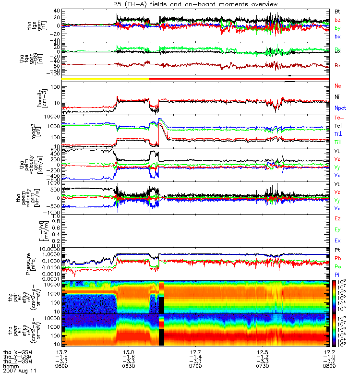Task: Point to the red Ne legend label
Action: click(x=337, y=85)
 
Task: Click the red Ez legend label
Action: click(x=337, y=218)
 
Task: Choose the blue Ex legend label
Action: click(x=337, y=240)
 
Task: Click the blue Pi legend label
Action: click(x=337, y=275)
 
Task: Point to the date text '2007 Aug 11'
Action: click(x=20, y=371)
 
